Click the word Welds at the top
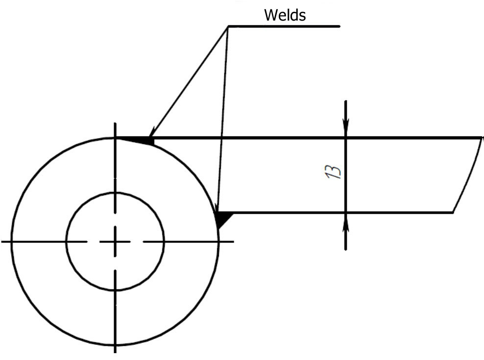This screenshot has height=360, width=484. point(285,15)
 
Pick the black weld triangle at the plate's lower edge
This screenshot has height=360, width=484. point(222,218)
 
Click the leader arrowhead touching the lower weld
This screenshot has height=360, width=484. point(218,208)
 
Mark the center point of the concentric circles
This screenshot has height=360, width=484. point(115,241)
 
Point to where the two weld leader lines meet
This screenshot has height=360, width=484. point(229,26)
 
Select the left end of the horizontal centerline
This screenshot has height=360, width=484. point(3,241)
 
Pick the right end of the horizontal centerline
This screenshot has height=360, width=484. point(233,241)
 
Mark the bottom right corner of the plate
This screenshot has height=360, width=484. point(452,213)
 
